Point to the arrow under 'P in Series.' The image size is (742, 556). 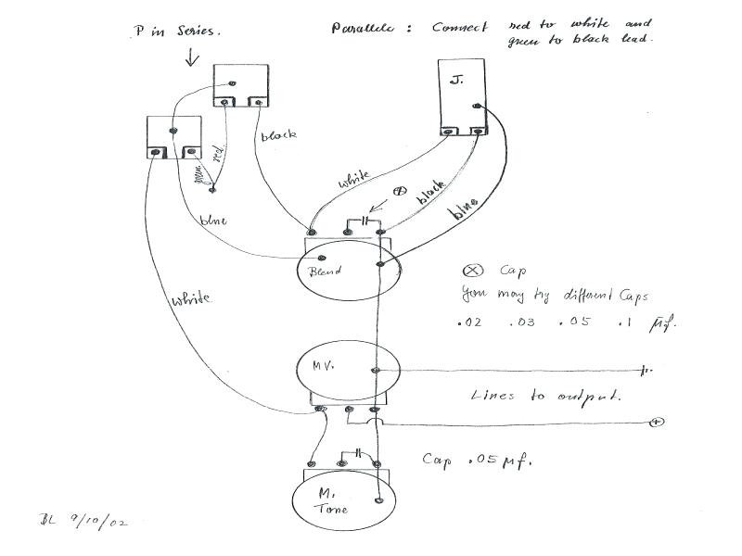192,57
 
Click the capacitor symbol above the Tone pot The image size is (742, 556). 352,454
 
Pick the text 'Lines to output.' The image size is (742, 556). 545,396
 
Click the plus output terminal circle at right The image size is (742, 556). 657,423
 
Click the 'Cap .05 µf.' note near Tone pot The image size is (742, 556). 477,459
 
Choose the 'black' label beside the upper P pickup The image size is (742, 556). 278,135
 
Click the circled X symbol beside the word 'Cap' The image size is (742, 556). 471,271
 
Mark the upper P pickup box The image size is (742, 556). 241,86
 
